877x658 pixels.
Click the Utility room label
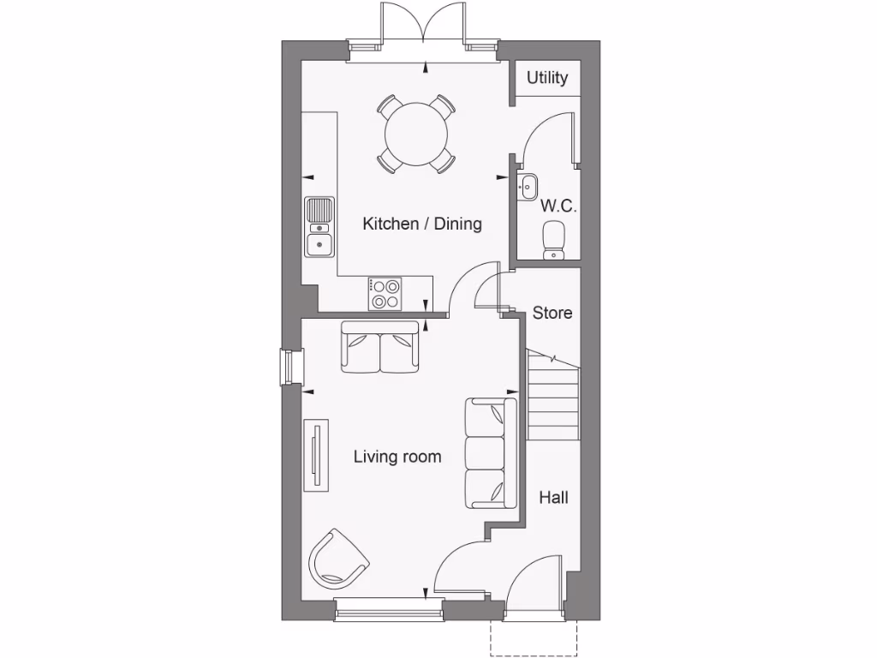click(x=547, y=78)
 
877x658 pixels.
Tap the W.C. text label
click(x=558, y=206)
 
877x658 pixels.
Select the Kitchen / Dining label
click(x=422, y=224)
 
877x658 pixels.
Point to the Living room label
click(x=397, y=457)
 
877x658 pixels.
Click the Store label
click(x=552, y=313)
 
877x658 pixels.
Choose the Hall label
click(x=553, y=497)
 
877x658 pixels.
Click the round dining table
click(x=415, y=134)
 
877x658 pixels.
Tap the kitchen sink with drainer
click(x=319, y=227)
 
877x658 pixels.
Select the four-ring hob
click(x=385, y=293)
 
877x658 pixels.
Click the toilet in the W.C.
click(x=554, y=239)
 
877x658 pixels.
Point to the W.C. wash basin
click(x=528, y=184)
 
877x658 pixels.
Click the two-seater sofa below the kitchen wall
click(x=381, y=348)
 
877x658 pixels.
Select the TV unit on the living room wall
click(x=316, y=455)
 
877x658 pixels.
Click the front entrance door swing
click(x=535, y=587)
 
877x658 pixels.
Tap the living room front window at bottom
click(x=389, y=609)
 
